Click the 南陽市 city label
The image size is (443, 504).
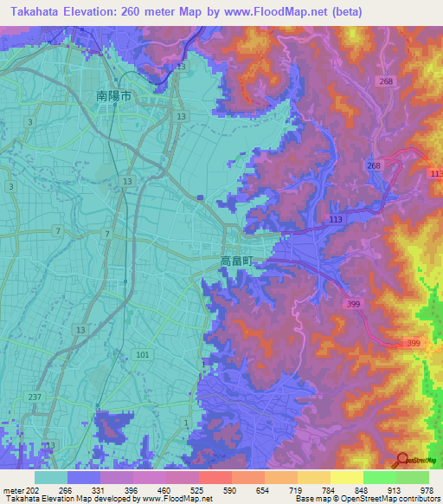(113, 98)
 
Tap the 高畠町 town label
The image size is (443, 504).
(237, 260)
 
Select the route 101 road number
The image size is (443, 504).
(143, 354)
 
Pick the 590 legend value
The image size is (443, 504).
(229, 490)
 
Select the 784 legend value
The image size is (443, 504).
(328, 490)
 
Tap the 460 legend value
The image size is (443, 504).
(164, 490)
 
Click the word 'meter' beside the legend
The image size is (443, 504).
(11, 490)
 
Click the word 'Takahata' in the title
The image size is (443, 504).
(34, 12)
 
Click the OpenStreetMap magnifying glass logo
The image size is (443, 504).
(401, 460)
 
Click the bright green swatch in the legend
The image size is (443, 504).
(380, 477)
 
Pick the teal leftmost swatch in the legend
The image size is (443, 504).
(51, 477)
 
